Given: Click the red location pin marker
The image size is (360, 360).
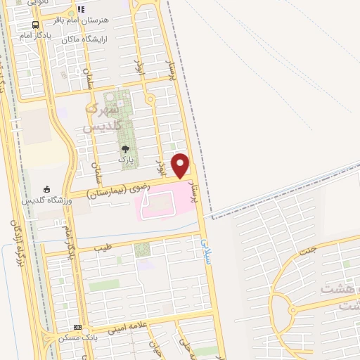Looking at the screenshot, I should click(181, 165).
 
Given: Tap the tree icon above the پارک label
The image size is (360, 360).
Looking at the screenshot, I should click(125, 148).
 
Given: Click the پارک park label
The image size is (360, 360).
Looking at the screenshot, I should click(126, 160).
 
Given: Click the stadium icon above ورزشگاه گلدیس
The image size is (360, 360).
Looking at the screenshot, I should click(47, 188).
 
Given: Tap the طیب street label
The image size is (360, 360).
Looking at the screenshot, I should click(103, 248).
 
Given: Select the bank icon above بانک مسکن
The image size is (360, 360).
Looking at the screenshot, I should click(77, 327).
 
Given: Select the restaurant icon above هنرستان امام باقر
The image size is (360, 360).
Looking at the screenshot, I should click(82, 9).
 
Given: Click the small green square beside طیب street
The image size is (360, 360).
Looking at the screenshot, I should click(142, 249).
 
